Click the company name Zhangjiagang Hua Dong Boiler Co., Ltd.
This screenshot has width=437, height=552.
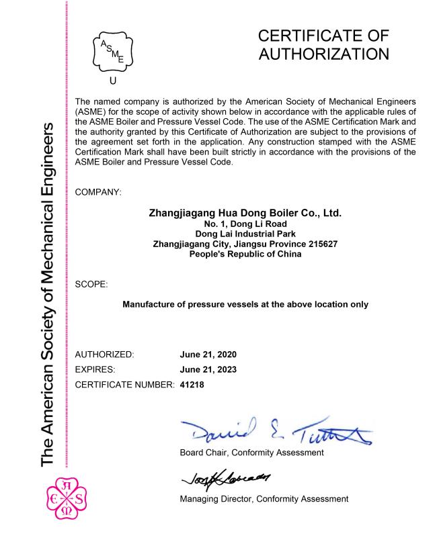(245, 214)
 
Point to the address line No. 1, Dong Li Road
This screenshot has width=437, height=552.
(245, 224)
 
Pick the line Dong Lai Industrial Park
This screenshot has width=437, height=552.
(245, 234)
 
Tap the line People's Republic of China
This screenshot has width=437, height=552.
(245, 255)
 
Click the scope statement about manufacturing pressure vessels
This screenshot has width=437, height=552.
(245, 304)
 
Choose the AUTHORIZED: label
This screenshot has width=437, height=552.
(106, 354)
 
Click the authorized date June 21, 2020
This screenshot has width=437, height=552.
(208, 354)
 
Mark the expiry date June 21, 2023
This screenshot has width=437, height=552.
(208, 369)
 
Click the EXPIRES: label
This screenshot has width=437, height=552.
(99, 369)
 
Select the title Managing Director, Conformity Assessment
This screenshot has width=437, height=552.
(264, 499)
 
